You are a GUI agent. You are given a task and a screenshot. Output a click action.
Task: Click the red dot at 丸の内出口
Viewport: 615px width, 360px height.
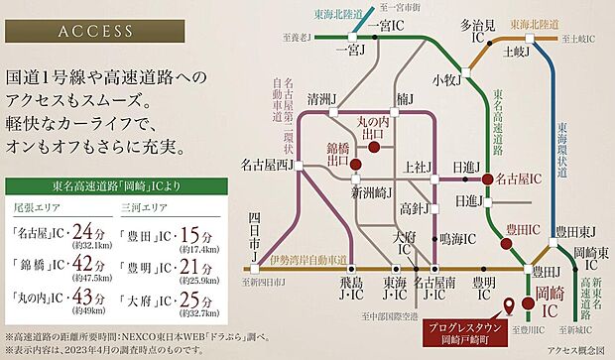374,148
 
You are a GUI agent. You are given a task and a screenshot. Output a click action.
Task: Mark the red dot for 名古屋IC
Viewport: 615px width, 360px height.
486,180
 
